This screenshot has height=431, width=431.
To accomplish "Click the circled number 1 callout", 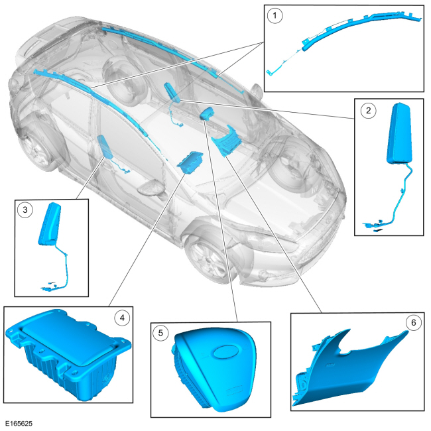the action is (x=275, y=16).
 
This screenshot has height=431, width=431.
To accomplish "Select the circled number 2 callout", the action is (x=368, y=111).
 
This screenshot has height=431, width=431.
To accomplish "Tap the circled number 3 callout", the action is (x=25, y=210).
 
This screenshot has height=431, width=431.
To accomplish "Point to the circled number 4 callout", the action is (x=122, y=318).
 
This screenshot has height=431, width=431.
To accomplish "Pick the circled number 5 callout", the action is (x=160, y=334).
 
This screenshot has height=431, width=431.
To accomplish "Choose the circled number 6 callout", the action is (x=413, y=323).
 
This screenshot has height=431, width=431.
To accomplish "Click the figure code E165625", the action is (x=19, y=424).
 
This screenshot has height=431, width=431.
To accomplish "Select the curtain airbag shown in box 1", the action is (x=343, y=43).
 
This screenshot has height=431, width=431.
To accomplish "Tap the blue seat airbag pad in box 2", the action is (x=399, y=133).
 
